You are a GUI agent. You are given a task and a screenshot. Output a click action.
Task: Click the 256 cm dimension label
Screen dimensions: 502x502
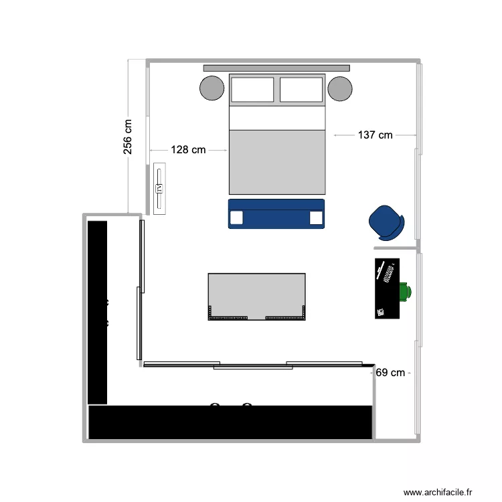coord(128,137)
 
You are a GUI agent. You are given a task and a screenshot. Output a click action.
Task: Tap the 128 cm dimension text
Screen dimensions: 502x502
coord(188,150)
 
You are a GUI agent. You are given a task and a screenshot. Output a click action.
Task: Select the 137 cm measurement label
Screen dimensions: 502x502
coord(375,135)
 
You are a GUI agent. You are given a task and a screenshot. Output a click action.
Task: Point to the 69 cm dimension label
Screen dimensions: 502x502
coord(390,373)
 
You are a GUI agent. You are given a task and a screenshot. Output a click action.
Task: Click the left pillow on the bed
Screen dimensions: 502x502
coord(252,90)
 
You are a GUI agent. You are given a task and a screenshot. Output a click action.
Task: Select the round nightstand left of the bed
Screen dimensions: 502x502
coord(212,88)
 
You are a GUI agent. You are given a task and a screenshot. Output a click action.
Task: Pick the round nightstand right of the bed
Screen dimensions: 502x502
coord(340,88)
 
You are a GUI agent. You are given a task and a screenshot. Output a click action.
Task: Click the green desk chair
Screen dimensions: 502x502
coord(406,292)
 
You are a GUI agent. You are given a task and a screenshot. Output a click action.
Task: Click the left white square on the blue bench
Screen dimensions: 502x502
coord(236,218)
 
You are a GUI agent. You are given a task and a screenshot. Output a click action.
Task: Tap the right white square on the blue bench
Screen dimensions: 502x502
coord(316,218)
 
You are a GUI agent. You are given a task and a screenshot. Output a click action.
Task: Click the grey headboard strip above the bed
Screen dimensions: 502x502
coord(276,68)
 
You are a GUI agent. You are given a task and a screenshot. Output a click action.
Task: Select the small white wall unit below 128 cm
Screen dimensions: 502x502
coord(159,189)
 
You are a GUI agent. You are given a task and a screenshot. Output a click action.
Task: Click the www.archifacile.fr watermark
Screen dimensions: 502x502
coord(442,493)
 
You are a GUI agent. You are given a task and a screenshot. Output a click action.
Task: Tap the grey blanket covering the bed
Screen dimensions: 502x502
coord(277,162)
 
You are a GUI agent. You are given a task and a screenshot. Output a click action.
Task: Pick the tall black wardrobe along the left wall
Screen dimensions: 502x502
coord(98,312)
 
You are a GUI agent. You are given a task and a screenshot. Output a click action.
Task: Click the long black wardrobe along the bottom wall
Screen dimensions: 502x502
coord(230,422)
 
